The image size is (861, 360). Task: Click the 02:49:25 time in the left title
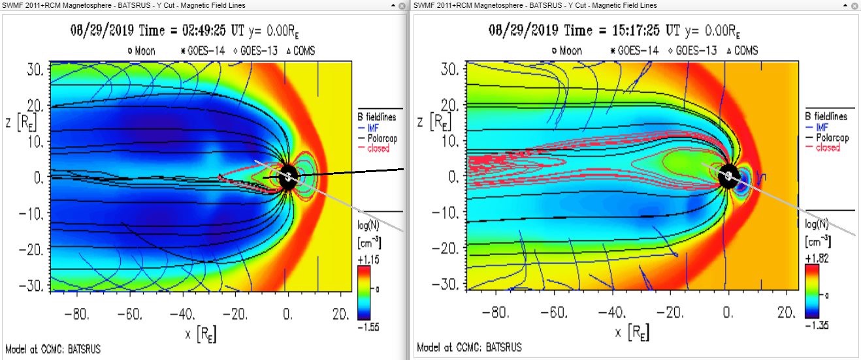206,31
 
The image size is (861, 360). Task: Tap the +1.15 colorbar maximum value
368,260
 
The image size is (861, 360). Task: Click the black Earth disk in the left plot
287,176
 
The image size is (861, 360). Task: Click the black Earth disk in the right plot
728,176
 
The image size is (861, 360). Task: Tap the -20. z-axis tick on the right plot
448,250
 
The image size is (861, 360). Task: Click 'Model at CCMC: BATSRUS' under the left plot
53,348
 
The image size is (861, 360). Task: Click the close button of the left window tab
401,5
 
